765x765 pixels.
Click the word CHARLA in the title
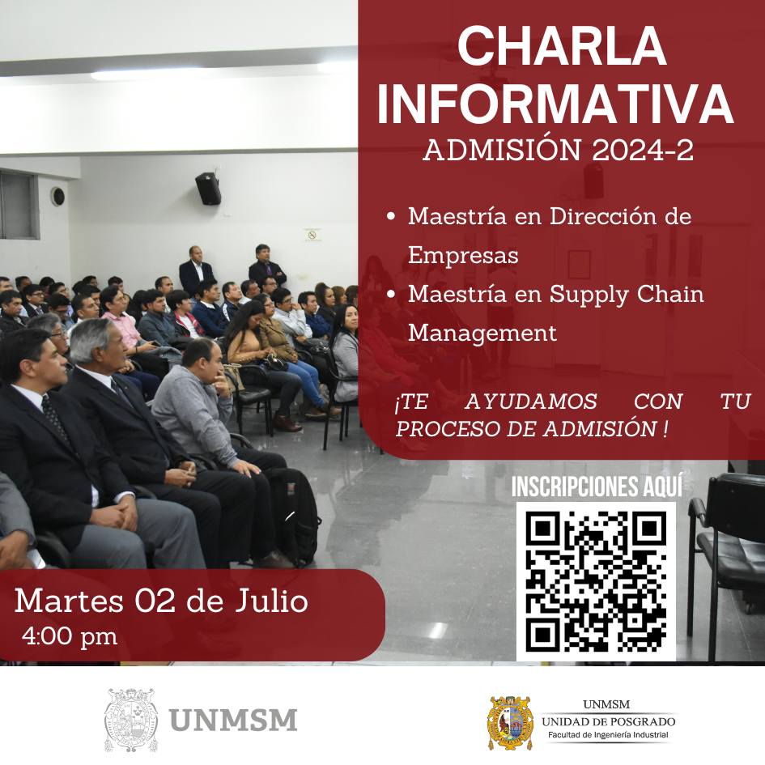(x=562, y=46)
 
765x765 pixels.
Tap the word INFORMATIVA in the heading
(x=555, y=105)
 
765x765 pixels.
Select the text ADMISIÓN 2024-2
(x=558, y=150)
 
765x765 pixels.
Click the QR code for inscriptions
(x=596, y=581)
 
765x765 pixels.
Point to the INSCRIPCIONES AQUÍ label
(x=597, y=486)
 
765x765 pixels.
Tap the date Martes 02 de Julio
(x=161, y=601)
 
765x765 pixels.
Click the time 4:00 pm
(x=70, y=636)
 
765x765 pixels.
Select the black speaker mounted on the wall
(x=208, y=188)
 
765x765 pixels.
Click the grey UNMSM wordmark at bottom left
(x=233, y=720)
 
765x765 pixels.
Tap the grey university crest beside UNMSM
(x=131, y=720)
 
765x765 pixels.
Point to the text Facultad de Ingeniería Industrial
(x=608, y=735)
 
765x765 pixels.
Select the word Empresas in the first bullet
(x=463, y=255)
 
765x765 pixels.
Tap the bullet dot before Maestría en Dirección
(x=390, y=216)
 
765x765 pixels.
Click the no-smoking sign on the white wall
(x=312, y=235)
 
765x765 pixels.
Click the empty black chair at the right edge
(x=727, y=561)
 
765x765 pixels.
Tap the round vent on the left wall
(x=58, y=196)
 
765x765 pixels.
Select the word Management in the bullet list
(x=482, y=334)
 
